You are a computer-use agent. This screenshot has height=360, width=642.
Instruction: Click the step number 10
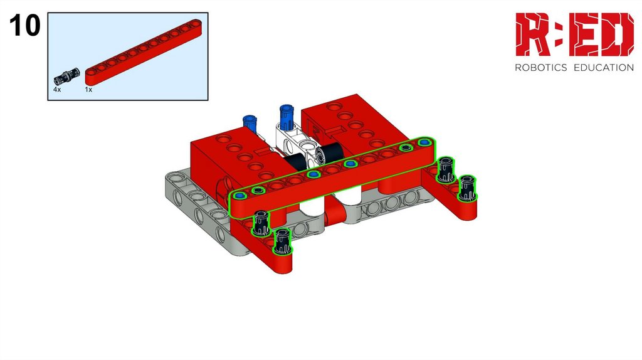[x=24, y=25]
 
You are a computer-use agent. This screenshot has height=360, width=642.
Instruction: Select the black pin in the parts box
[x=65, y=76]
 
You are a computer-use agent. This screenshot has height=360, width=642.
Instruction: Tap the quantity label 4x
[x=57, y=89]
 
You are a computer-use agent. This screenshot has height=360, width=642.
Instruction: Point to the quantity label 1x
[x=88, y=89]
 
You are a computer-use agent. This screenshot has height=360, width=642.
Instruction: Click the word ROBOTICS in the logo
[x=540, y=68]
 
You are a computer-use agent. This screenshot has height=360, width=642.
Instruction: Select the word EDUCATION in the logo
[x=604, y=68]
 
